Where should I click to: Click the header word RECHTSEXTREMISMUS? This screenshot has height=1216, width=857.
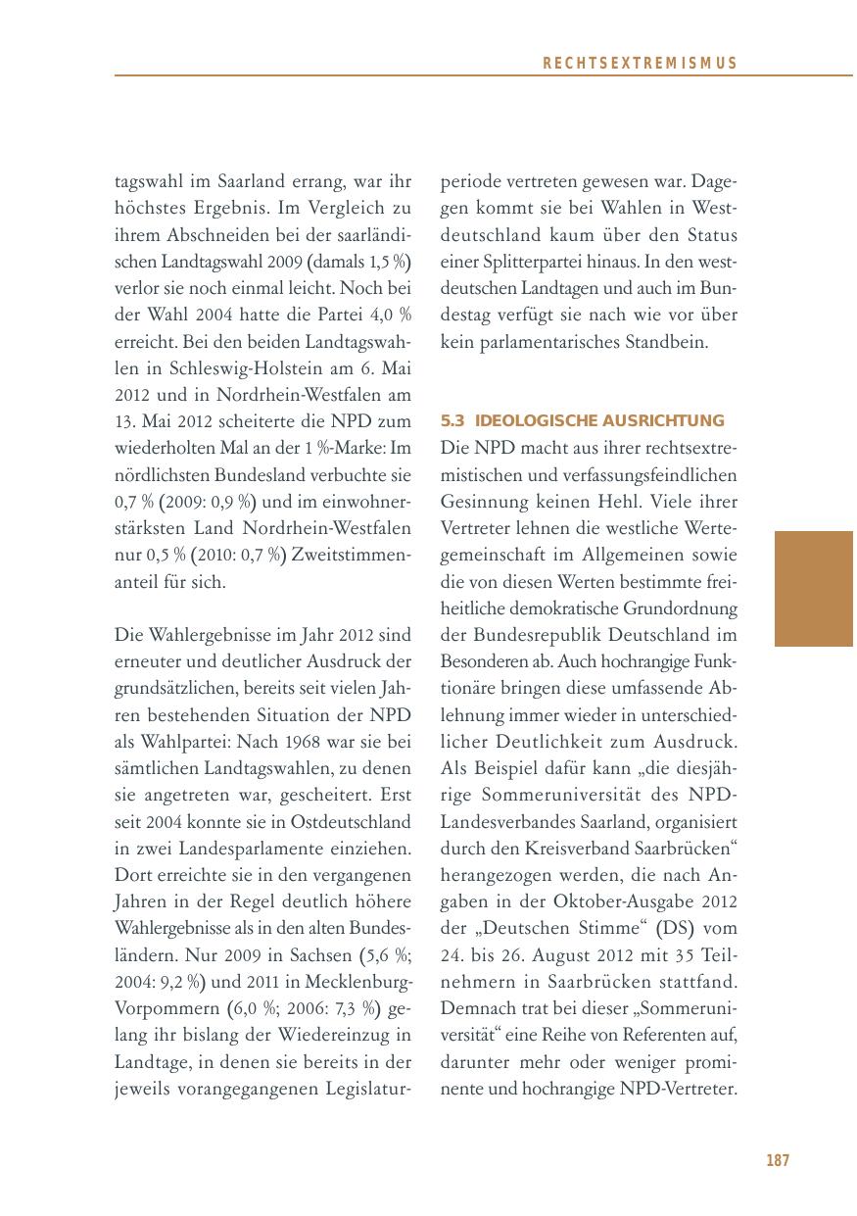coord(639,64)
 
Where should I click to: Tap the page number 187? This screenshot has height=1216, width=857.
coord(777,1160)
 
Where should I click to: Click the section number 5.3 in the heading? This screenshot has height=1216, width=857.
coord(452,421)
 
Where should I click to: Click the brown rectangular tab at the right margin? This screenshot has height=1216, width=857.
coord(813,588)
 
